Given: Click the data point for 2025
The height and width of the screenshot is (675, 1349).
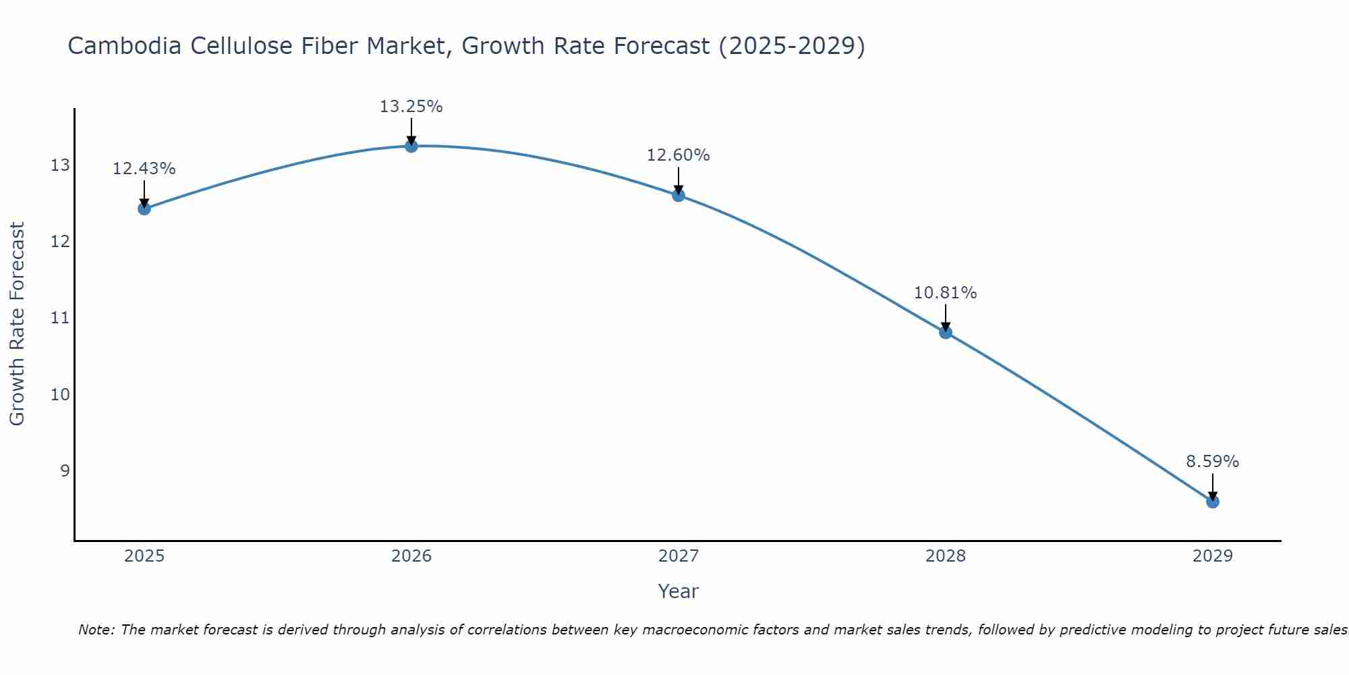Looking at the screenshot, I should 144,209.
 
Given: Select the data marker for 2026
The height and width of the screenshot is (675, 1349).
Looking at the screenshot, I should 411,146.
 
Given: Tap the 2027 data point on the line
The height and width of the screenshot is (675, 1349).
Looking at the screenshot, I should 678,196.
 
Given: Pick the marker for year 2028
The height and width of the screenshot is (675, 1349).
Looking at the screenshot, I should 945,332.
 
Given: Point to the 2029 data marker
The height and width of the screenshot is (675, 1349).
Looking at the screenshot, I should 1212,502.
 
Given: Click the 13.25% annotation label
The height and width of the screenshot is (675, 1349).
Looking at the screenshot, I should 411,107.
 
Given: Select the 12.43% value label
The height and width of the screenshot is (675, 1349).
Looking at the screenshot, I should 144,169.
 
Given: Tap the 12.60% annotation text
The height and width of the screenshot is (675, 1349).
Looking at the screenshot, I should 678,155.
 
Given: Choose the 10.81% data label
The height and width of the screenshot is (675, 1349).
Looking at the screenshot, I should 945,293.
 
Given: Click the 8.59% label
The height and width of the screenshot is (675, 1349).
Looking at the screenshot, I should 1212,462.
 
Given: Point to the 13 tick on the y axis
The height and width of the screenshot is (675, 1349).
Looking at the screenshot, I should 60,165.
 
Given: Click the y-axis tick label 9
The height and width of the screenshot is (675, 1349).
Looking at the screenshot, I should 65,470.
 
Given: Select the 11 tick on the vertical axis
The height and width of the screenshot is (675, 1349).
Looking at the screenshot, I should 60,318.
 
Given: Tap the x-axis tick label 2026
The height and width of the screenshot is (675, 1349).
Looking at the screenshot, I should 411,556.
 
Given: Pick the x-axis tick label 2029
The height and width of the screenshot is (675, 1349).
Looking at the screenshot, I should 1212,556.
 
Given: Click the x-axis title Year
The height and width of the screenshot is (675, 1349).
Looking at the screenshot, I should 678,591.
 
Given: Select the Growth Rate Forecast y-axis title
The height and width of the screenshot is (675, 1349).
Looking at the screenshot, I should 17,324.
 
